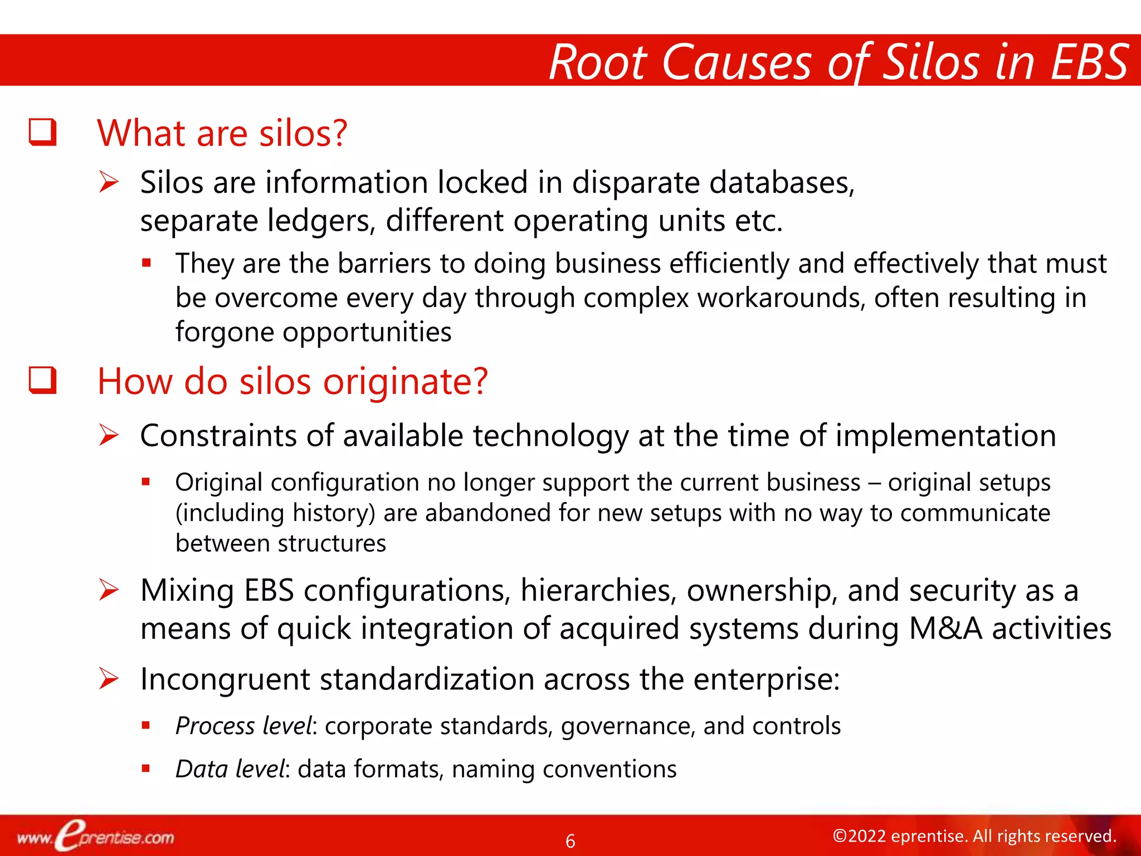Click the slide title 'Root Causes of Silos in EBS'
[838, 62]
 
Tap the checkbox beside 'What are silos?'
[43, 132]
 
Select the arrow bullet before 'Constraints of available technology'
[109, 435]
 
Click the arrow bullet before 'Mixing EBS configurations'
[109, 590]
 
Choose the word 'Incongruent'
[225, 679]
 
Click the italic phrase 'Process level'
[243, 726]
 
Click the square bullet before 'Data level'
[146, 769]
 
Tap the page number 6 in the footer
[570, 841]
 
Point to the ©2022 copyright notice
[974, 836]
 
